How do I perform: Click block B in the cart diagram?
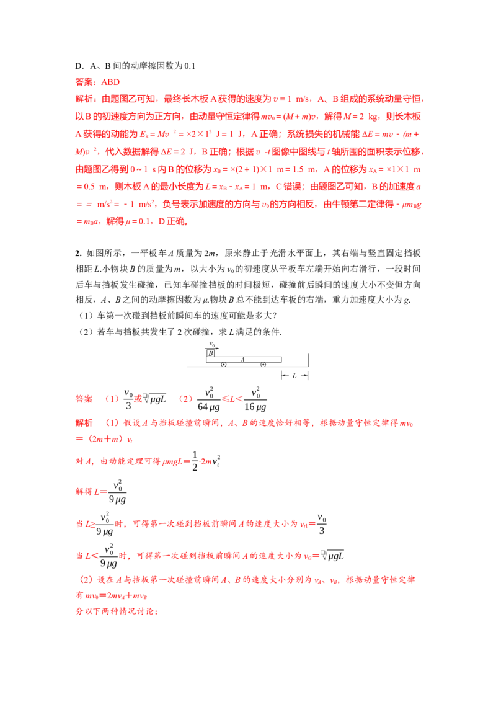point(210,353)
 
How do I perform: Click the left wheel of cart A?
point(224,365)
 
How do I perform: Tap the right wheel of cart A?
point(263,365)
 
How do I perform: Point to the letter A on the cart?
point(242,359)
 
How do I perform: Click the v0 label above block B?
point(212,344)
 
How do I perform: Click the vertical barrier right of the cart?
point(308,360)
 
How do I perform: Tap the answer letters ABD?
point(110,82)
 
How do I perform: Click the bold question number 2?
point(78,254)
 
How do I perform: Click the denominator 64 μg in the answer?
point(208,407)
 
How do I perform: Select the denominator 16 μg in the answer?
point(255,407)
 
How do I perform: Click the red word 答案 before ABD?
point(86,82)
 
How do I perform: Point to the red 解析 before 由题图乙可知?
point(86,99)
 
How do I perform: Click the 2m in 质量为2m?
point(210,254)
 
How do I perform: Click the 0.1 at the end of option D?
point(190,66)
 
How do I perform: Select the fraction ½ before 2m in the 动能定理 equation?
point(195,461)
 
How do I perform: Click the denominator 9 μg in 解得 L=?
point(118,499)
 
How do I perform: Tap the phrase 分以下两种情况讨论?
point(117,611)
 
